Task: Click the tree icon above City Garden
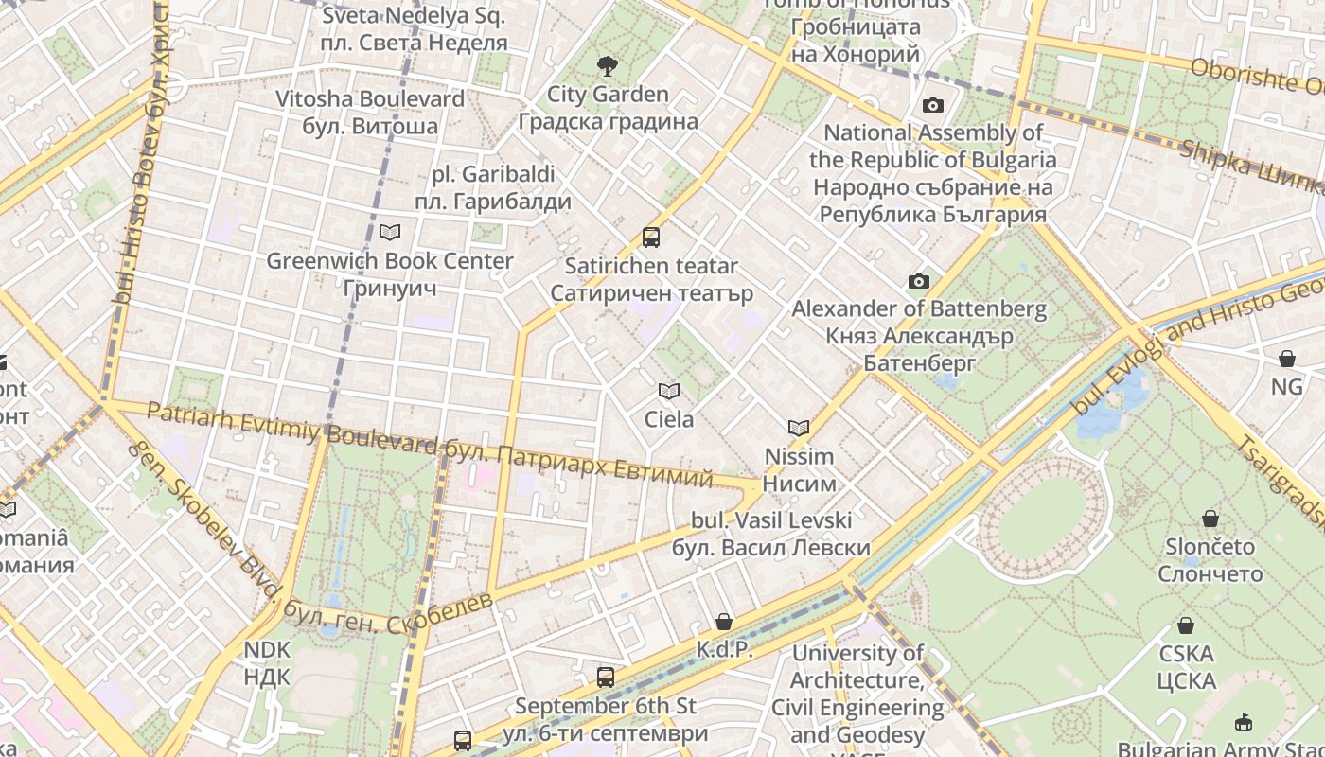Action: click(x=607, y=66)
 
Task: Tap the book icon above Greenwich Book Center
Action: click(x=389, y=232)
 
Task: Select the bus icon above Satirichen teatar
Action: click(x=651, y=237)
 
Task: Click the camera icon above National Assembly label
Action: click(x=933, y=105)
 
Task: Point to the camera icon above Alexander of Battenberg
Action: click(x=918, y=281)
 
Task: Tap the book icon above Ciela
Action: click(x=669, y=391)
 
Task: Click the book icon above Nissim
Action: click(x=799, y=428)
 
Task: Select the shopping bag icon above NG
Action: click(x=1286, y=359)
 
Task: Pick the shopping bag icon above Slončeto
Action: click(x=1210, y=519)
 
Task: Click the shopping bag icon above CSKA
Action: click(x=1185, y=625)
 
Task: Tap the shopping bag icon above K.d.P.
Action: click(x=724, y=622)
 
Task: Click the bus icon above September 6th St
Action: click(x=606, y=678)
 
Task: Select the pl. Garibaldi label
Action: click(x=493, y=187)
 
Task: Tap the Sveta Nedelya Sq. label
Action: click(x=415, y=28)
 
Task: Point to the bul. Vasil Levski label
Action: click(x=771, y=534)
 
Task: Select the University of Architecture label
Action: click(x=857, y=694)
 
